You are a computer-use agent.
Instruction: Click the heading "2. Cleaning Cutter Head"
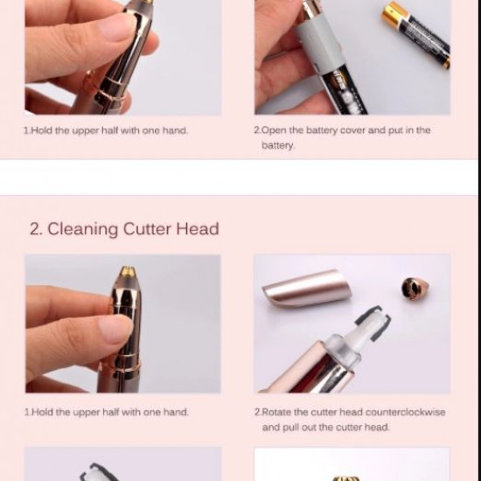click(124, 229)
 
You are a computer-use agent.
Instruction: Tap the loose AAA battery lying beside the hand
click(416, 34)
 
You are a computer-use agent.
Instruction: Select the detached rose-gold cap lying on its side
click(307, 289)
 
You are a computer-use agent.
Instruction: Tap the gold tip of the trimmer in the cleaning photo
click(129, 272)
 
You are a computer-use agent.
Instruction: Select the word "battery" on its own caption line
click(278, 145)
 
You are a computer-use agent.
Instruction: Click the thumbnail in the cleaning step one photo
click(115, 329)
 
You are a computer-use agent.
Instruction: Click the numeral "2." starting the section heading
click(36, 229)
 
